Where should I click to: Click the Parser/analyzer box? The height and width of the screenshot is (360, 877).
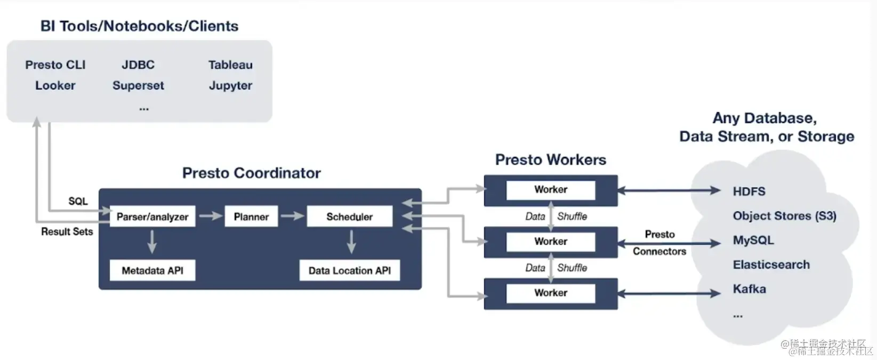[152, 217]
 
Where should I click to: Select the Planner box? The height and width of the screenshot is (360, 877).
[251, 217]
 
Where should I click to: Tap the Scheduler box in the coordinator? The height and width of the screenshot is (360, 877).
[350, 217]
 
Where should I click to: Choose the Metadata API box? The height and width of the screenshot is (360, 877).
[152, 270]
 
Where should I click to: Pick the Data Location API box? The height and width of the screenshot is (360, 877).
[350, 270]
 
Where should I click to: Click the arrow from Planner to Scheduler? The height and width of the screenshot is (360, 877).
[292, 216]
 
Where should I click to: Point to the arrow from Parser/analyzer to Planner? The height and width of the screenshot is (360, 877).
[210, 216]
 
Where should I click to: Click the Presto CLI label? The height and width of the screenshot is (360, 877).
[55, 65]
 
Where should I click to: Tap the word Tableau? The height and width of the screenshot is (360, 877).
[230, 65]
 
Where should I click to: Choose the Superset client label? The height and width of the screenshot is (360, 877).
[138, 85]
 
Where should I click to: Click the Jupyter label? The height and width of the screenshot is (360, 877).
[230, 85]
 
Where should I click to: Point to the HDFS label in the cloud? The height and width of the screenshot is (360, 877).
[749, 191]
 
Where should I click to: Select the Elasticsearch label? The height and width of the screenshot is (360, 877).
[771, 265]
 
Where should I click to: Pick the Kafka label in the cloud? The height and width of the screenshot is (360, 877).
[749, 289]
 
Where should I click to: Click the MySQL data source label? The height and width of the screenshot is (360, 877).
[753, 240]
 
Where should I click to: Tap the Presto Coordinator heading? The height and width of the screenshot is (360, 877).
[251, 173]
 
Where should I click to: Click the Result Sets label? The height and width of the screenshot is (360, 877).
[67, 231]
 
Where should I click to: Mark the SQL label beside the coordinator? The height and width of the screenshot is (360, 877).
[78, 201]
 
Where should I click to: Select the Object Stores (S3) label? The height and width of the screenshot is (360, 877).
[784, 216]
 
